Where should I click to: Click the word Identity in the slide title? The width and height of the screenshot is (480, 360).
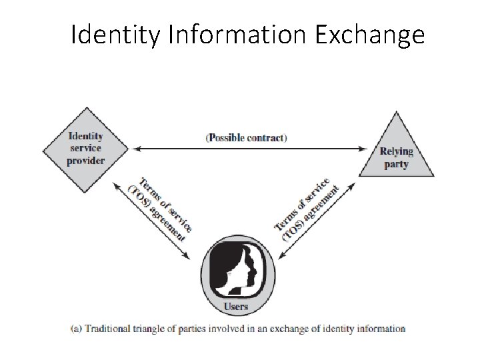point(114,34)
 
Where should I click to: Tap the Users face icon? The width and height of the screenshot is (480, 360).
point(238,266)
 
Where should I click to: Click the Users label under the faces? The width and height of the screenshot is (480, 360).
point(237,307)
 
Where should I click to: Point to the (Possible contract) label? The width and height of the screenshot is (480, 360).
point(246,138)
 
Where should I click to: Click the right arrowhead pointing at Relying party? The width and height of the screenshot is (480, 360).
point(366,148)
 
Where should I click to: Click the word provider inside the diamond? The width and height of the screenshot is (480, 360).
point(87,161)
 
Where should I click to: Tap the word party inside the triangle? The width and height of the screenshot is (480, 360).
point(396,164)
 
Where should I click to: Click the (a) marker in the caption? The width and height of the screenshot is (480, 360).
point(76,328)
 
